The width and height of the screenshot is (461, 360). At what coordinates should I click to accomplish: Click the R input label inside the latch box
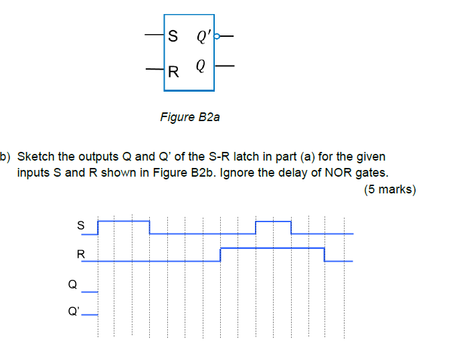(173, 70)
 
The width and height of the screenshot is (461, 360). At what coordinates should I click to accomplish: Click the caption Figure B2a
(190, 117)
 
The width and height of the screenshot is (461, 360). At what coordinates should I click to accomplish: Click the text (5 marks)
(390, 189)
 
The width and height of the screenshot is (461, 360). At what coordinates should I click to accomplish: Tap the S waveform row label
(81, 226)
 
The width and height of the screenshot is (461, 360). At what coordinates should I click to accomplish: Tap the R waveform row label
(81, 254)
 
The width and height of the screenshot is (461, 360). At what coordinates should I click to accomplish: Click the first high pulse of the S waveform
(123, 219)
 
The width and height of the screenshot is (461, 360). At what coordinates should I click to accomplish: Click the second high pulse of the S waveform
(273, 220)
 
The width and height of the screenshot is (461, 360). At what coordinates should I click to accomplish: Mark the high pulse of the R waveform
(272, 248)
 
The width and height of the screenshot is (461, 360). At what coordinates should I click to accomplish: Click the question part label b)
(6, 157)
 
